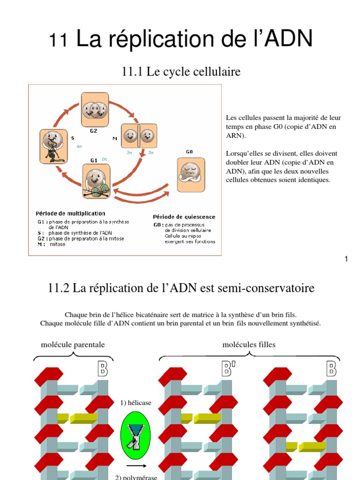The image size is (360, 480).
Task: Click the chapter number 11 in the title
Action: (x=59, y=41)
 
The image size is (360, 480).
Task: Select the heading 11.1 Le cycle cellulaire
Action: (x=181, y=72)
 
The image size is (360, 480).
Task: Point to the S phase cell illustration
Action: (x=53, y=147)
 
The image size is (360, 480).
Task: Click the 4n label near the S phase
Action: (x=79, y=147)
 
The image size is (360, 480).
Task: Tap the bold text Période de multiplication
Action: (x=71, y=214)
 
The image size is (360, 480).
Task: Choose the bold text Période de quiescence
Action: (x=184, y=217)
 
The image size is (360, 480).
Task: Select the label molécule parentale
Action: (x=73, y=345)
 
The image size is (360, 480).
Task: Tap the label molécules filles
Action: (x=248, y=345)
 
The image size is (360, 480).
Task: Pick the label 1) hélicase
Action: (x=136, y=403)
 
